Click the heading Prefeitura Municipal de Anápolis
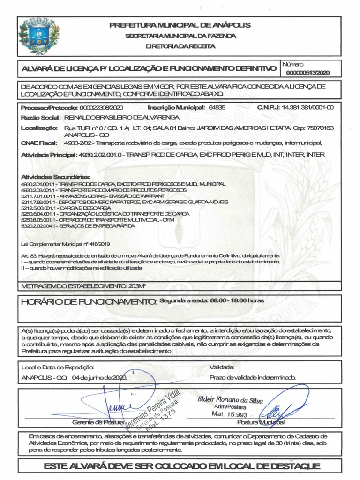[180, 25]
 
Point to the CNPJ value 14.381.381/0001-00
[307, 107]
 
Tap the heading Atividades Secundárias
[56, 177]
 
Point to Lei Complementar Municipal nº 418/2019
[66, 244]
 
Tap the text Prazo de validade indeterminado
[252, 377]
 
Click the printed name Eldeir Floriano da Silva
[230, 401]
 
